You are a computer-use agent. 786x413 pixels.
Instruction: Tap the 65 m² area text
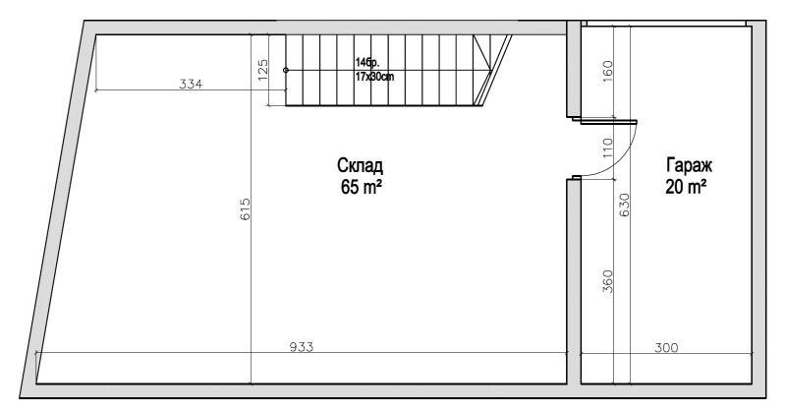point(362,186)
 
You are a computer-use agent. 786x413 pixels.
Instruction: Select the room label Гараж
point(687,166)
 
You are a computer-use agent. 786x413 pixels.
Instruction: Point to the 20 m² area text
point(687,187)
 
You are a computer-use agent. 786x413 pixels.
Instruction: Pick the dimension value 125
point(263,70)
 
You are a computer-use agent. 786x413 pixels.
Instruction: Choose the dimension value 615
point(246,209)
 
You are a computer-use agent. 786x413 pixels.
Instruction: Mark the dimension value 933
point(302,347)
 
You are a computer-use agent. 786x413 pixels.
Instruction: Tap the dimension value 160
point(607,71)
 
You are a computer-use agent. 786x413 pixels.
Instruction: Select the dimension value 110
point(607,147)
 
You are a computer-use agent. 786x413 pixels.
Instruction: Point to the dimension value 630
point(623,205)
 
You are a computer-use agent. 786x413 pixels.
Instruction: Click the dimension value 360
point(607,280)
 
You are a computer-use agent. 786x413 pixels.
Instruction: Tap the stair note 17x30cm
point(375,76)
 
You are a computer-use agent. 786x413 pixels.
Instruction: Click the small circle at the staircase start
point(286,70)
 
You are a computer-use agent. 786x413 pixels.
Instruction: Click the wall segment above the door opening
point(573,74)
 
